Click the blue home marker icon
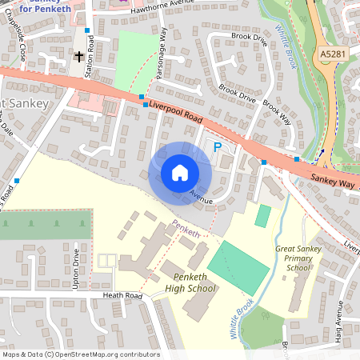[180, 172]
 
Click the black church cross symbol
[79, 56]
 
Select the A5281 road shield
[335, 53]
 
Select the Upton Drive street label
[77, 269]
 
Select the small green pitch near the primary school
[263, 215]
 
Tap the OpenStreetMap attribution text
[80, 354]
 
